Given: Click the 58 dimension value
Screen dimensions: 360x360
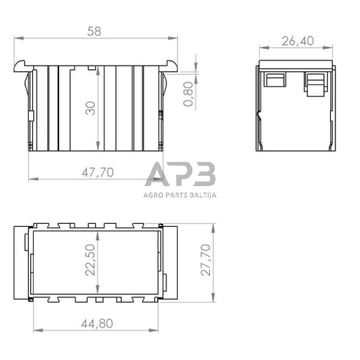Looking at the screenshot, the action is (94, 31).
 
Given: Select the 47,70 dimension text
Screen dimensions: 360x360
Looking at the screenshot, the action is (98, 173).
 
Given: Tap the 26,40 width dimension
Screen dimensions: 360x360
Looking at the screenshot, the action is (298, 41).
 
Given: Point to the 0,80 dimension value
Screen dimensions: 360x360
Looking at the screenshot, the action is (189, 94).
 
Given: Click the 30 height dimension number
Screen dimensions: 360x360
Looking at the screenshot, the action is (91, 108).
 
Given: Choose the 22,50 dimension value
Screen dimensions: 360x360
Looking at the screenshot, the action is (90, 260).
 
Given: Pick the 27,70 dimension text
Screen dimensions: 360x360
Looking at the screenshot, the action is (206, 260).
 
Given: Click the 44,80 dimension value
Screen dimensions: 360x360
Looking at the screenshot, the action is (97, 324).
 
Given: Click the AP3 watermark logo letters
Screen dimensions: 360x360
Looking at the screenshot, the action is (180, 174).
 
